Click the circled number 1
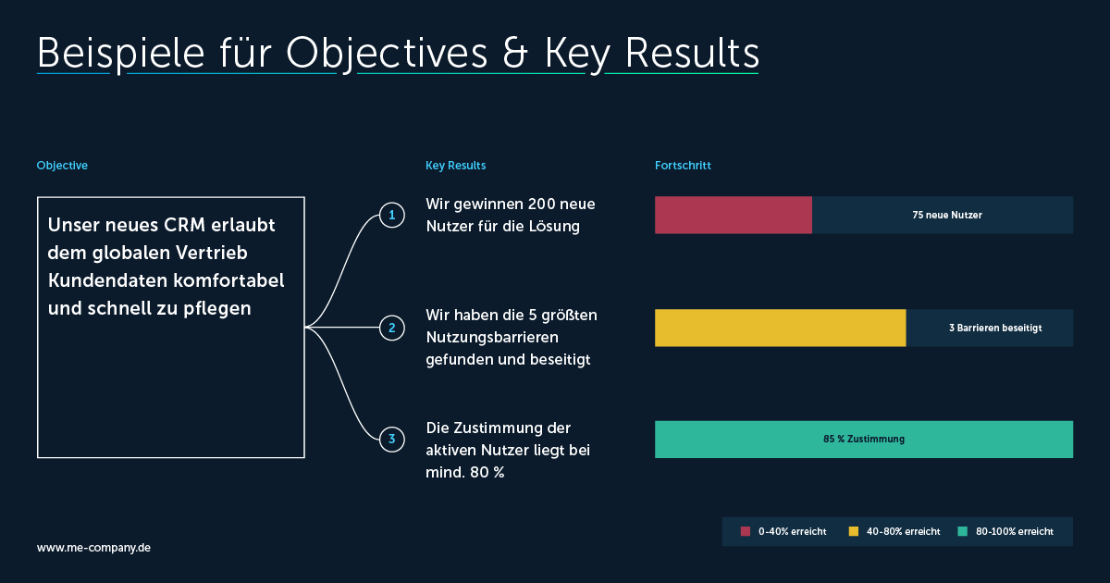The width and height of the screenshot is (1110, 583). click(x=392, y=215)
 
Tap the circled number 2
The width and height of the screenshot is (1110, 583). click(x=392, y=328)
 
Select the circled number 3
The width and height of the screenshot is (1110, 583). click(x=392, y=440)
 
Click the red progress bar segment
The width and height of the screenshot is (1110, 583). click(x=734, y=215)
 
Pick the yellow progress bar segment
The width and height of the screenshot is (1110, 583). click(x=781, y=328)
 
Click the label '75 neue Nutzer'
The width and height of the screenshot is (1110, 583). click(x=947, y=215)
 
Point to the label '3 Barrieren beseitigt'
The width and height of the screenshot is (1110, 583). click(x=995, y=328)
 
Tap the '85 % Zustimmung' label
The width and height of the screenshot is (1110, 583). click(x=864, y=440)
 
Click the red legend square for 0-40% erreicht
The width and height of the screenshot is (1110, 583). click(x=746, y=531)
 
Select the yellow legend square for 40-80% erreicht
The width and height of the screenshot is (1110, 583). click(x=853, y=531)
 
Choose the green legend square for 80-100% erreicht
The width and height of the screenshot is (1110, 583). click(x=962, y=531)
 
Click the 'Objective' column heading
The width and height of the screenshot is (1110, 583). click(x=62, y=166)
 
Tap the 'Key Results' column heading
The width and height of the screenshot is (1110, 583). click(x=455, y=166)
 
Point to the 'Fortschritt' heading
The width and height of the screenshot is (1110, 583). click(x=683, y=166)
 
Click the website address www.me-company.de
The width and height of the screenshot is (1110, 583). click(x=93, y=548)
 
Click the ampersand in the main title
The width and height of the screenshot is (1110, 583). click(x=515, y=54)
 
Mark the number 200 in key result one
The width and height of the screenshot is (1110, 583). click(x=539, y=204)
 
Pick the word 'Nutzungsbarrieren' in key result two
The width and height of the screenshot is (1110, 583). click(x=492, y=337)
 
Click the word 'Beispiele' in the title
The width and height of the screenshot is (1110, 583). click(x=121, y=54)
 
